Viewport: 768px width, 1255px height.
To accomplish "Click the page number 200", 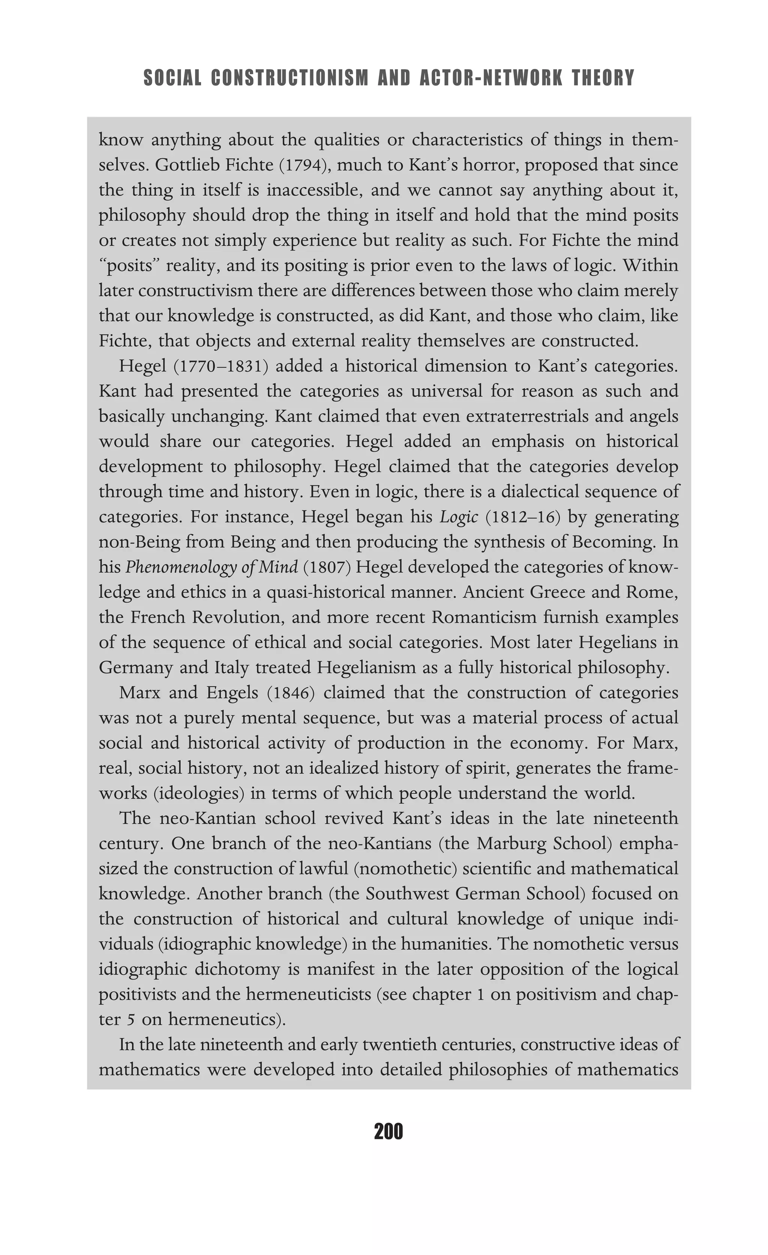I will pyautogui.click(x=388, y=1132).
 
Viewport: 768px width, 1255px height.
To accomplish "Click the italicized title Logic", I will pyautogui.click(x=459, y=517).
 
